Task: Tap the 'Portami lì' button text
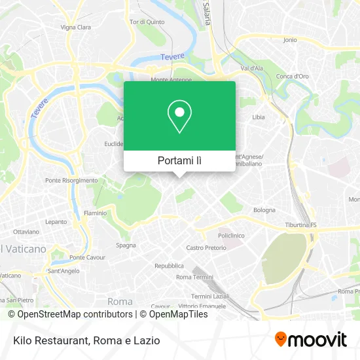click(179, 160)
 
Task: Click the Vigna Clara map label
click(76, 27)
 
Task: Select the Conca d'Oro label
click(292, 76)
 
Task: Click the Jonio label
click(289, 40)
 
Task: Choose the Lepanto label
click(56, 222)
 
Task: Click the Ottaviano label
click(26, 232)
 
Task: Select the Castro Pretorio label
click(206, 247)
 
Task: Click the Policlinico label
click(231, 234)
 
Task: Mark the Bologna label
click(264, 210)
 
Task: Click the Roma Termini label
click(192, 277)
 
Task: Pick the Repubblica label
click(169, 266)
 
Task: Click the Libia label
click(259, 117)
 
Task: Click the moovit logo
click(310, 339)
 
